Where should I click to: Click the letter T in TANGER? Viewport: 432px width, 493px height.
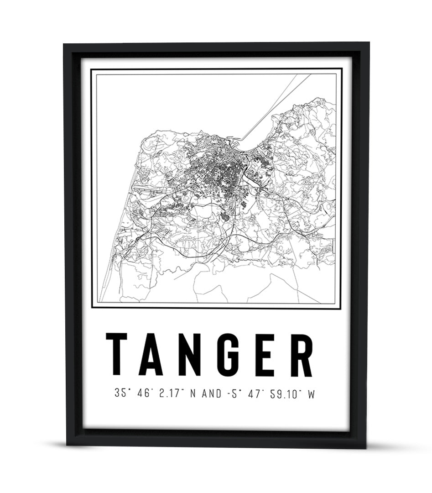[116, 355]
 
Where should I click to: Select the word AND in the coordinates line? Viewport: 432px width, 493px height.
[210, 394]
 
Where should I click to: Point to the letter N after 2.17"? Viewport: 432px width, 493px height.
[192, 394]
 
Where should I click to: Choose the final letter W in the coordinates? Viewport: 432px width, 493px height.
[312, 394]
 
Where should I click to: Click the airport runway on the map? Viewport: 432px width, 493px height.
[146, 188]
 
